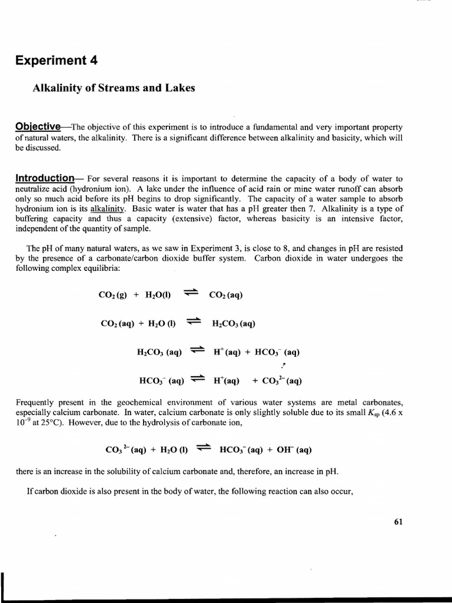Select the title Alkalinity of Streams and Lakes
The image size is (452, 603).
(x=112, y=88)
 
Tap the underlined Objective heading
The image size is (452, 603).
(x=38, y=127)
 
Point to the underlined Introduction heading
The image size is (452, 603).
(x=45, y=178)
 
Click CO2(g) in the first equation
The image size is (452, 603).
(x=111, y=295)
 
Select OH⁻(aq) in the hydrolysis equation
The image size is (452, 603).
(x=295, y=450)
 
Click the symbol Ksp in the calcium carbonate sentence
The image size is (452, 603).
(x=374, y=413)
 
